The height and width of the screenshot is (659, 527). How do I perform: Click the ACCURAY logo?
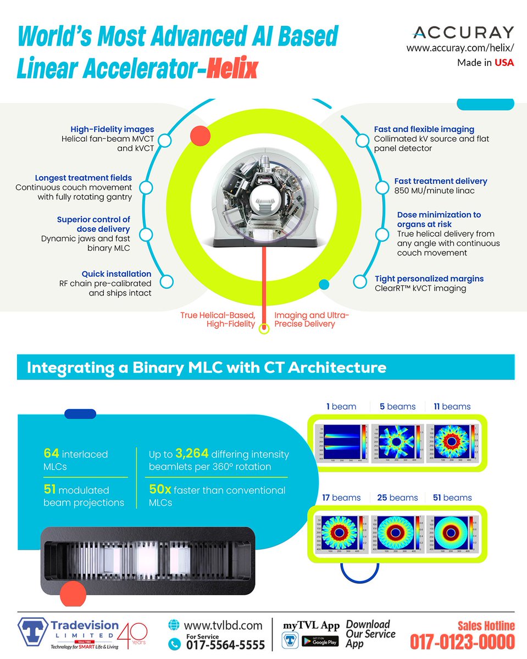pos(462,32)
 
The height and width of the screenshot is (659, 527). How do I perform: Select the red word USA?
pos(504,63)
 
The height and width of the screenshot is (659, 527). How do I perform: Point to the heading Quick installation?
pos(117,273)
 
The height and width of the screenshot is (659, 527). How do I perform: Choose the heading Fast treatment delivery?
pos(441,181)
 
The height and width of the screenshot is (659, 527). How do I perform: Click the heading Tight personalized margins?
pos(429,278)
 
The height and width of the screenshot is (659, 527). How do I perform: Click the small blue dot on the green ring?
pos(324,284)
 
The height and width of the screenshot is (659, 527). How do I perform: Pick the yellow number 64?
pos(51,454)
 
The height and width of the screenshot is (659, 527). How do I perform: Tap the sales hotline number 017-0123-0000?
pos(462,641)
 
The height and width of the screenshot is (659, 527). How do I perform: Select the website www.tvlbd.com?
pos(223,626)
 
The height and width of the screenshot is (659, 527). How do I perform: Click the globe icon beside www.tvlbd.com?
pos(175,626)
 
